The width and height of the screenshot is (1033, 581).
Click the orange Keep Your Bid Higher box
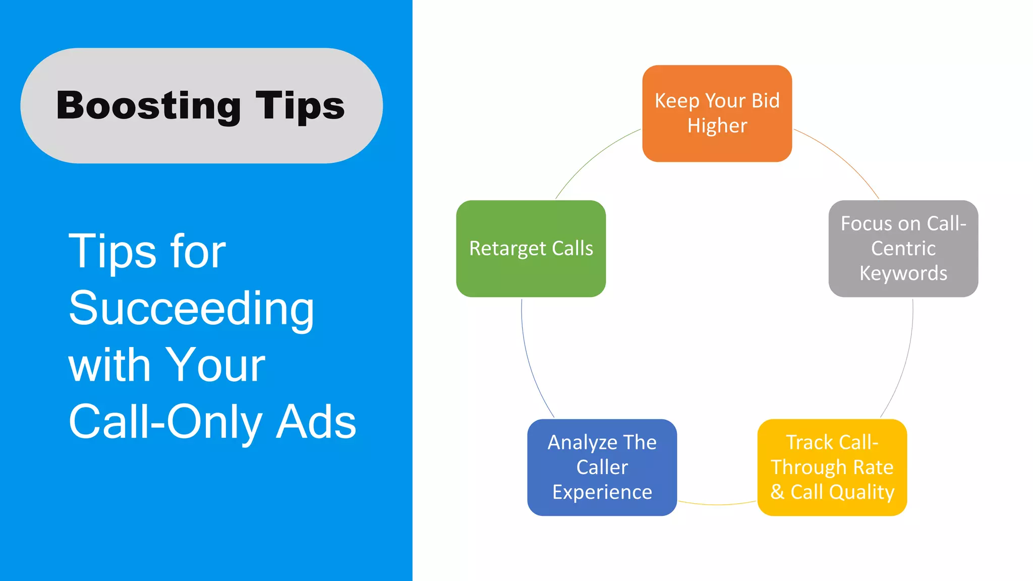[x=717, y=113]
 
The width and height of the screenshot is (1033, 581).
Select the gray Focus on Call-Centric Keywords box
[x=903, y=248]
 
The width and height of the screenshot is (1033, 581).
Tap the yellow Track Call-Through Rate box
[x=832, y=467]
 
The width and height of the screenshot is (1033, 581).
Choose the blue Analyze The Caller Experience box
[x=602, y=467]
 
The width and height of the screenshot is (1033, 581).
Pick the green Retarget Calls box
[x=531, y=248]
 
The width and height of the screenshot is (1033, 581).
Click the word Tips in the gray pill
[x=300, y=106]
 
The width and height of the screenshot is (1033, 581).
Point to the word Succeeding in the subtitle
[x=191, y=308]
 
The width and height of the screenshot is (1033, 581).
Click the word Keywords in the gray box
[x=903, y=273]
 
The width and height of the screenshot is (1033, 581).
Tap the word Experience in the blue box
[x=602, y=492]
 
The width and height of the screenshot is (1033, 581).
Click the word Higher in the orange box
[x=717, y=126]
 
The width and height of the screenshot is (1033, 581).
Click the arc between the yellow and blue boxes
[x=717, y=504]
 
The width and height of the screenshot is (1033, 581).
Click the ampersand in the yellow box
[x=777, y=492]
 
